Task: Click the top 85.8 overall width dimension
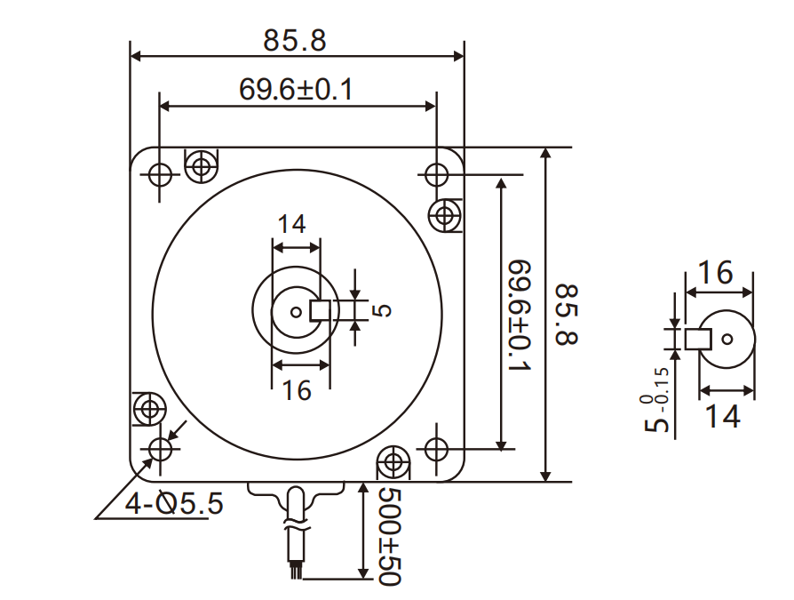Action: pos(295,40)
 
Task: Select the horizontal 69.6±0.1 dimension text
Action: pos(296,89)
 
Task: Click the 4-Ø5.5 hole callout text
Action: pos(174,504)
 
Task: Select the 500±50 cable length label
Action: pos(389,536)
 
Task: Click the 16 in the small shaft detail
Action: pos(715,273)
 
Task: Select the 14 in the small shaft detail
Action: pos(724,415)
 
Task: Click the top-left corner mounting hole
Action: pos(161,173)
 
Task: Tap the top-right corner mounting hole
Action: pos(436,173)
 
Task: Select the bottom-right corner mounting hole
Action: pos(436,449)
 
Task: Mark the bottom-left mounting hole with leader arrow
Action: pos(161,449)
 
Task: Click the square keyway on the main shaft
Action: pos(320,311)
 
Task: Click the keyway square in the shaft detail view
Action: pos(698,339)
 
